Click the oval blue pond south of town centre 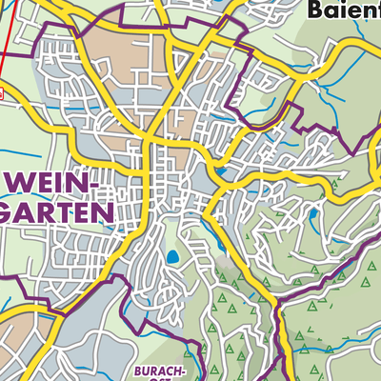tap(172, 256)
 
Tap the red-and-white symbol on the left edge tap(2, 94)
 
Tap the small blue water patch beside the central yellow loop tap(218, 172)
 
